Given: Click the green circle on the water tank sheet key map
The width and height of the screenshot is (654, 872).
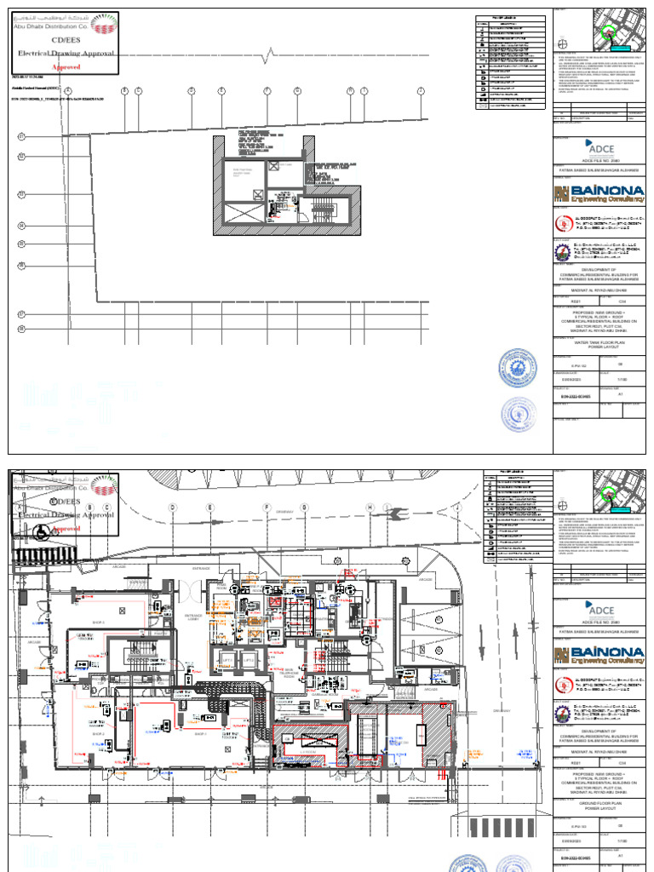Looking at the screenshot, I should point(608,33).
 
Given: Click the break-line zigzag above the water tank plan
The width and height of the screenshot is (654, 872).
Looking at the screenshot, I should point(272,57).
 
